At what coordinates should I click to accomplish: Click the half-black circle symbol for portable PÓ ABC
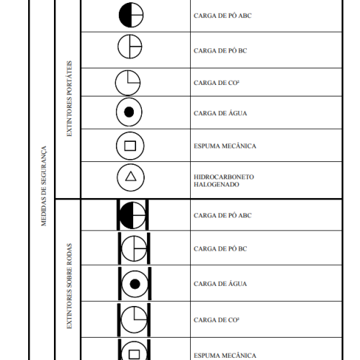coord(131,15)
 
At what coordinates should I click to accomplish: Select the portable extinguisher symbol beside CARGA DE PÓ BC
coord(131,48)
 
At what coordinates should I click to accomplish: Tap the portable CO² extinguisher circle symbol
coord(128,81)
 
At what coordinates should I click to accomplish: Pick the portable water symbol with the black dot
coord(129,112)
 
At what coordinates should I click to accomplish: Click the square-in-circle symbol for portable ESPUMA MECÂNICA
coord(130,146)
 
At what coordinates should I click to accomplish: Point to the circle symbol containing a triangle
coord(130,178)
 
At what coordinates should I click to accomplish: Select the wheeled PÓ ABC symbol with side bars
coord(132,215)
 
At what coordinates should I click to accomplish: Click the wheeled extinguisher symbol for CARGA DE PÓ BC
coord(132,248)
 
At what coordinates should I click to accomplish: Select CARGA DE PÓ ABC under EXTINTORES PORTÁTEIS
coord(222,15)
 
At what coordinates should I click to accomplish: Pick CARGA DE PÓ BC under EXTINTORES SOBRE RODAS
coord(220,249)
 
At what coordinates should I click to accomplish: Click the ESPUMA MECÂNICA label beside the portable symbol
coord(225,146)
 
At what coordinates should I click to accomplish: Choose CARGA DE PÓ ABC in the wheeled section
coord(222,215)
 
